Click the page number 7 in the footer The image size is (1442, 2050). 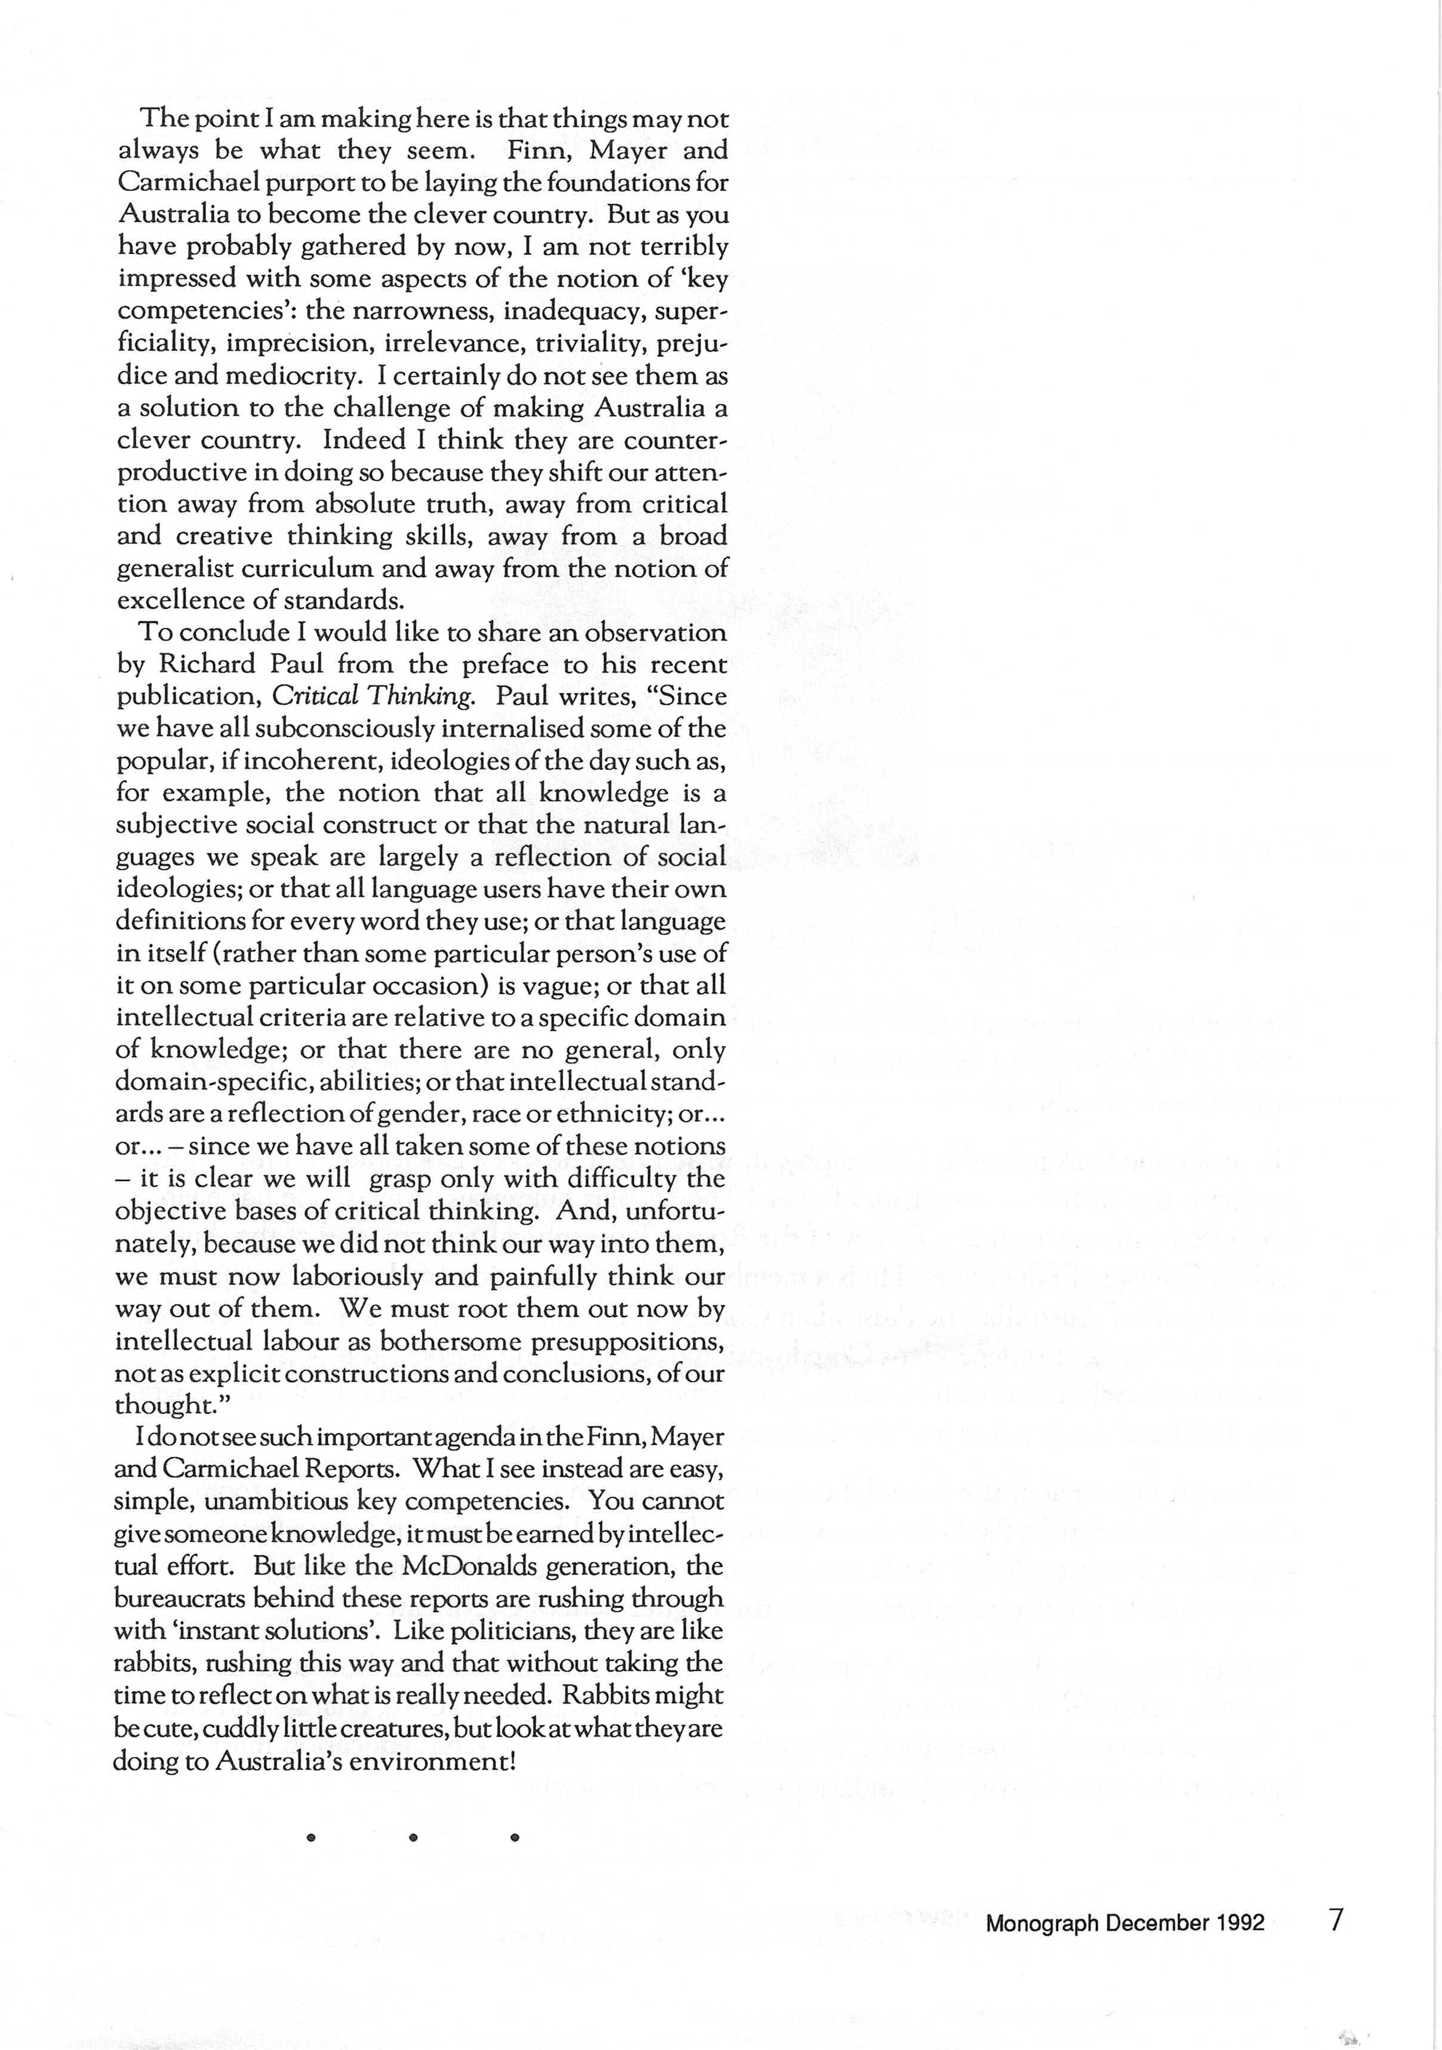click(x=1336, y=1919)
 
